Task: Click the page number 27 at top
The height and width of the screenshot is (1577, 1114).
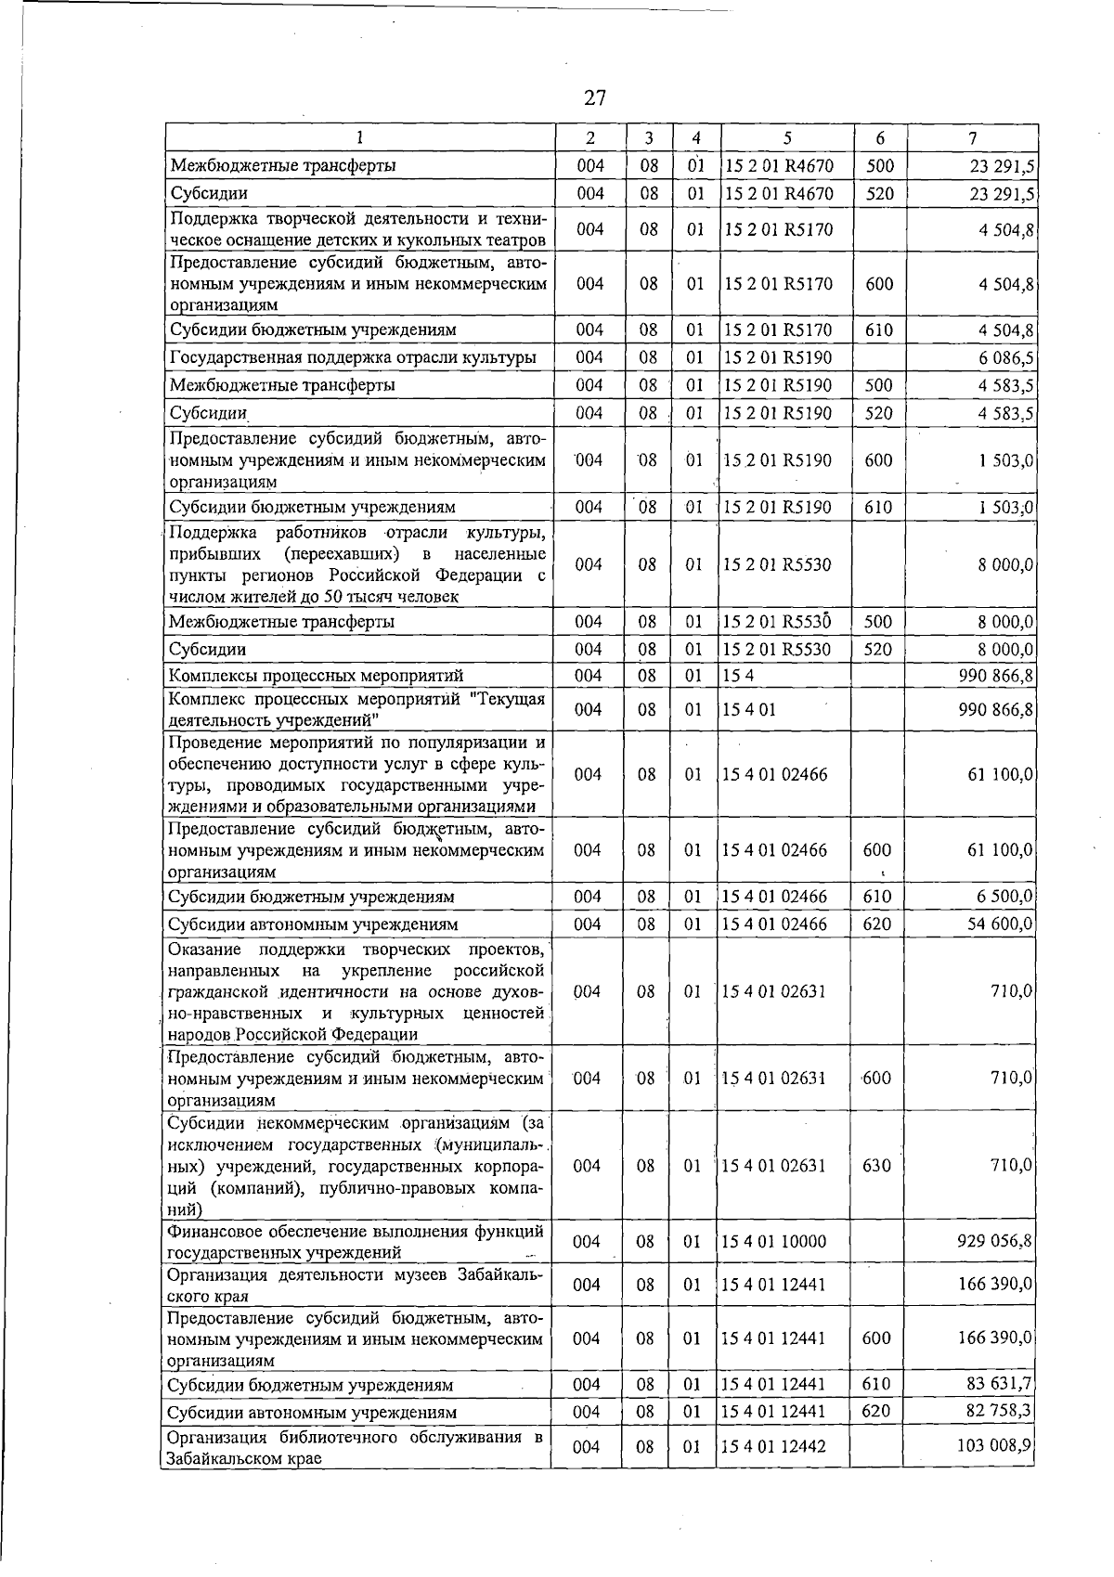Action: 595,97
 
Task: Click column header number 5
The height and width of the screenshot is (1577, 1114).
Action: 786,138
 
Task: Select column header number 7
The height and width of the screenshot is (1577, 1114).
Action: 971,138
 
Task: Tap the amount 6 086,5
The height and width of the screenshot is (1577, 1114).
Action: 1006,357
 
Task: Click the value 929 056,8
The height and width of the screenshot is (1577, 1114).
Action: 995,1240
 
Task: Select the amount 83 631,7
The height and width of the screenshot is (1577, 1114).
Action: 1000,1384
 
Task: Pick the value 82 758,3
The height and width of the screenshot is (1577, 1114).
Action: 1000,1411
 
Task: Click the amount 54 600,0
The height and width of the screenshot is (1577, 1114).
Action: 1000,924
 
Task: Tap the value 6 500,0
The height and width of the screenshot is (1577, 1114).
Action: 1005,896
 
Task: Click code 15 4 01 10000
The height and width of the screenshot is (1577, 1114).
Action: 774,1241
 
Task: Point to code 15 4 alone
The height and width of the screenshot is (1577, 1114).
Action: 732,675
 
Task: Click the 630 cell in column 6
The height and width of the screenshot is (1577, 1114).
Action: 876,1165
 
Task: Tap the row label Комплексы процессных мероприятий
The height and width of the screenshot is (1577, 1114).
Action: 317,676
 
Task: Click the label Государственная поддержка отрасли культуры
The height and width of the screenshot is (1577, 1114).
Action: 353,357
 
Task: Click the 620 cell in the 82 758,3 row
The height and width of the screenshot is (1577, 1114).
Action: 876,1411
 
